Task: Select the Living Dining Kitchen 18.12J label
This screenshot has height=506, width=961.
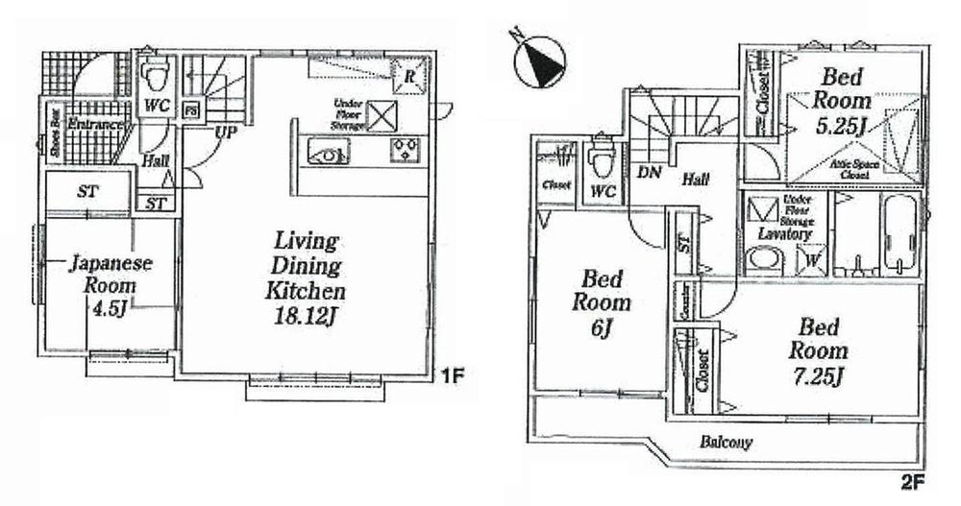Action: click(x=307, y=279)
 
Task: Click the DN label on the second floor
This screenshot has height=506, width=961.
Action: click(x=648, y=173)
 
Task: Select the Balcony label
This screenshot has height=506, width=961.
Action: click(x=725, y=444)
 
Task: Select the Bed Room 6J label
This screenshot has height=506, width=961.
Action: click(x=605, y=303)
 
